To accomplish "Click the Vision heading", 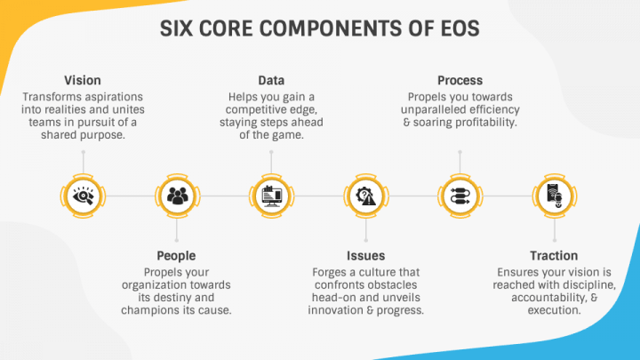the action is [x=83, y=80].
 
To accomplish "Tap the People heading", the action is [x=176, y=256].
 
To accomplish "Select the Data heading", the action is [x=271, y=80].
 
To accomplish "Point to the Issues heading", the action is [x=365, y=256].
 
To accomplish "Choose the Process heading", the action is [x=460, y=80].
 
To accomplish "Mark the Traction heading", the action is [x=554, y=256].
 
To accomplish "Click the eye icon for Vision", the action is [x=84, y=196].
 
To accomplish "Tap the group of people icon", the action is [x=178, y=196].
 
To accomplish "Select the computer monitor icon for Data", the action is [x=272, y=196].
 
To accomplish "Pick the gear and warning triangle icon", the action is [x=365, y=196].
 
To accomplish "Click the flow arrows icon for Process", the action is [x=460, y=196].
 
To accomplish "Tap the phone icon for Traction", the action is [x=555, y=196].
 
